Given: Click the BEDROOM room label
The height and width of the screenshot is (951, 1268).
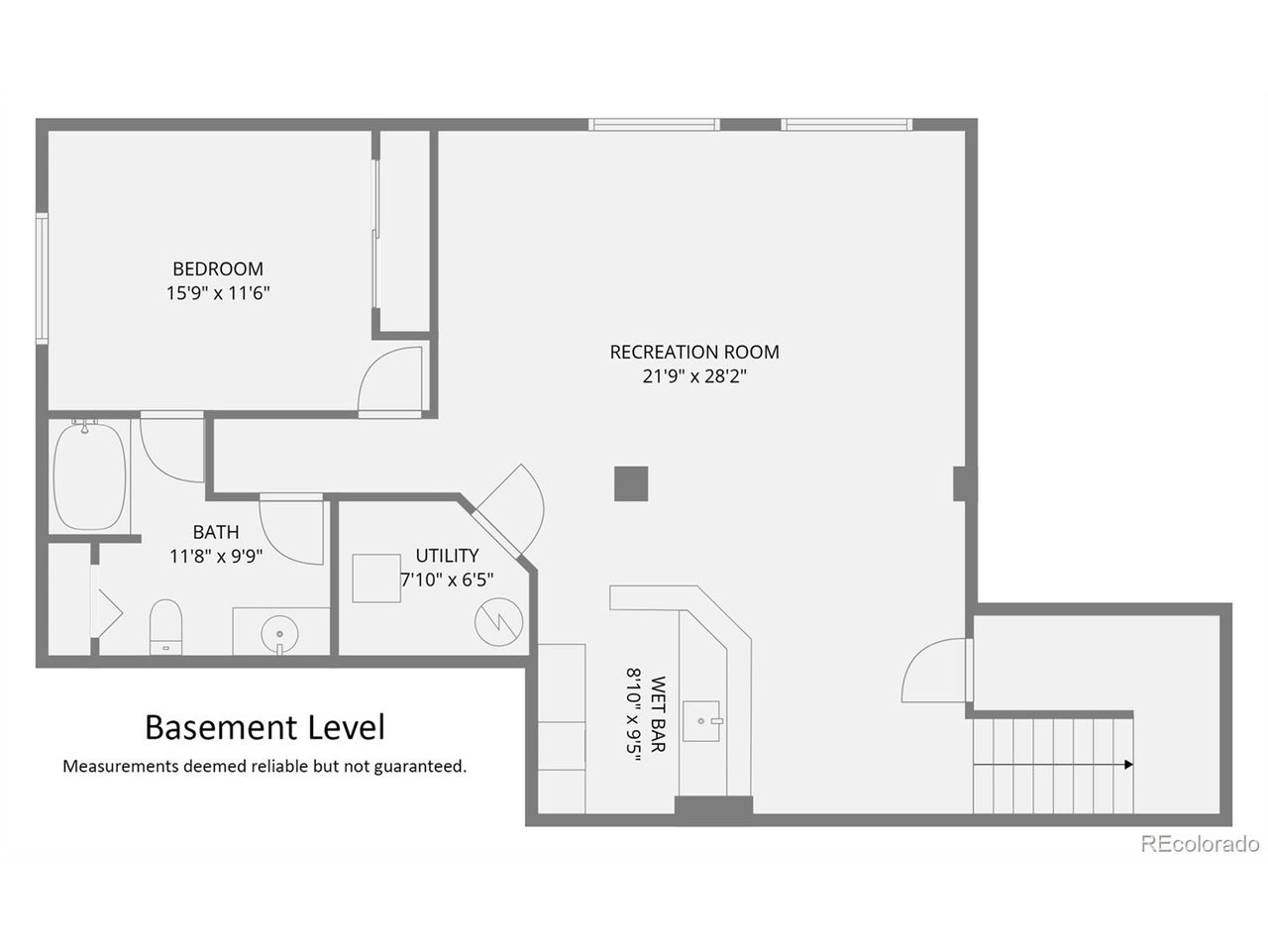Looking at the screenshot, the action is coord(218,268).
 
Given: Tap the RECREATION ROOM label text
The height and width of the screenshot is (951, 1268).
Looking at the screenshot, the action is coord(694,352).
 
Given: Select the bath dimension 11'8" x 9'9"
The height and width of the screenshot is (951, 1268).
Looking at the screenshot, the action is coord(216,556).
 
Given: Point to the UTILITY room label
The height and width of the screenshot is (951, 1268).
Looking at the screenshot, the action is coord(447,556).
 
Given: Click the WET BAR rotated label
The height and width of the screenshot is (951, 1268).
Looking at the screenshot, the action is coord(658,714).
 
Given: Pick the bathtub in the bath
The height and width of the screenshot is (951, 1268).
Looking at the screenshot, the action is coord(89,475).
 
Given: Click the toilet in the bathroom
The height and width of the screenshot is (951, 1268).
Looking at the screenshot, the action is coord(165,627).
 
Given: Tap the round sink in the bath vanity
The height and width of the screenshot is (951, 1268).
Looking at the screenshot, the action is coord(279,634).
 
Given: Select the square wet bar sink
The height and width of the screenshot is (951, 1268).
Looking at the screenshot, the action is coord(702,720).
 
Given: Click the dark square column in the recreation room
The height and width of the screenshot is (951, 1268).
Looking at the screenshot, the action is coord(631,483).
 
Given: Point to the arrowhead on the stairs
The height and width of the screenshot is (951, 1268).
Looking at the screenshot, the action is coord(1128,765).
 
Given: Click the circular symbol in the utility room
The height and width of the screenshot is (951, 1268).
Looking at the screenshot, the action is coord(498,622).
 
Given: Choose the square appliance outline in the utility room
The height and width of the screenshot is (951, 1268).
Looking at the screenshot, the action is coord(376,579).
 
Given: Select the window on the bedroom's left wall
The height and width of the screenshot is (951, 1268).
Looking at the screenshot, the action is coord(42,278).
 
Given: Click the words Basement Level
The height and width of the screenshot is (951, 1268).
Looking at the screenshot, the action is coord(264,727).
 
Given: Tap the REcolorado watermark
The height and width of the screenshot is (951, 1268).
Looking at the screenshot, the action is coord(1200,844).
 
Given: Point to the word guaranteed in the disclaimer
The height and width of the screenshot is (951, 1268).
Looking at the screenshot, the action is coord(420,767).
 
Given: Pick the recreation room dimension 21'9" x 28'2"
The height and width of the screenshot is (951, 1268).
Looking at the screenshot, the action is coord(694,376).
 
